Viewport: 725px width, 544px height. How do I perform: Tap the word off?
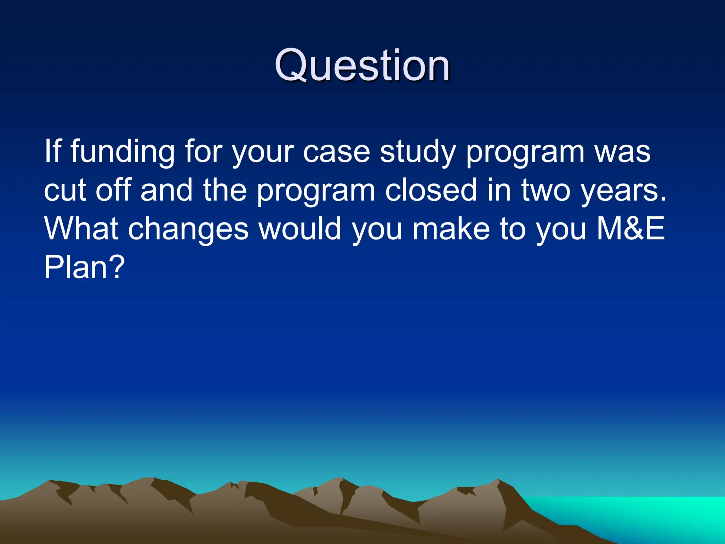pyautogui.click(x=113, y=191)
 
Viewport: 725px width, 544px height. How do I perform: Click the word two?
pyautogui.click(x=546, y=191)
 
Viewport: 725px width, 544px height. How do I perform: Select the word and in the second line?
pyautogui.click(x=166, y=191)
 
